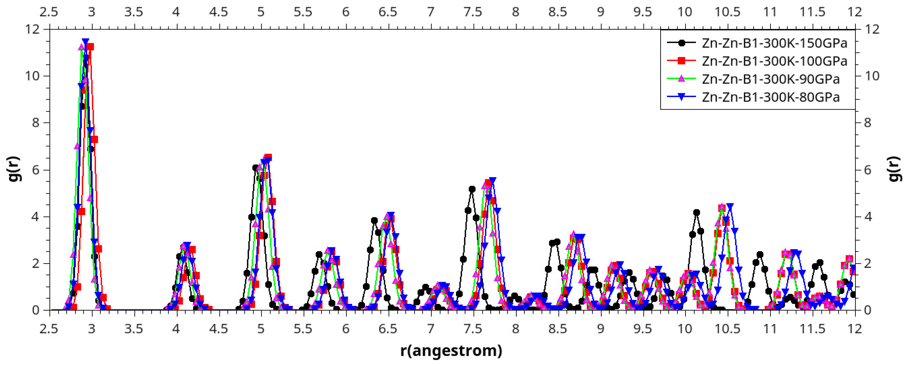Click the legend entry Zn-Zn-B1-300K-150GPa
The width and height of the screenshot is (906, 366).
click(x=774, y=43)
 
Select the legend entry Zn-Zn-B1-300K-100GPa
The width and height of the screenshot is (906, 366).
click(x=774, y=61)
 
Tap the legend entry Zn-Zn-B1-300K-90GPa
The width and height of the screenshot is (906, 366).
click(x=770, y=79)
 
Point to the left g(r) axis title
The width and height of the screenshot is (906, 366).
click(x=15, y=169)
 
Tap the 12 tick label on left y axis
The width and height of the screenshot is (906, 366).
click(x=32, y=29)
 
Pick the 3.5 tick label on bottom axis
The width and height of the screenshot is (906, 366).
click(x=134, y=329)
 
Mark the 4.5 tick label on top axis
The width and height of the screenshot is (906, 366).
click(x=218, y=12)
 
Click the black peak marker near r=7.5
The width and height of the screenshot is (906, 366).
click(x=472, y=189)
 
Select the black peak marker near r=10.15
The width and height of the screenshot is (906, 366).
click(x=696, y=212)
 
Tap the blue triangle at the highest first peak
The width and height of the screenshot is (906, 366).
click(x=85, y=41)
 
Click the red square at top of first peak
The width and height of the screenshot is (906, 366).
click(x=90, y=47)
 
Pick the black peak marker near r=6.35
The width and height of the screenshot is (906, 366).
click(x=374, y=220)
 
